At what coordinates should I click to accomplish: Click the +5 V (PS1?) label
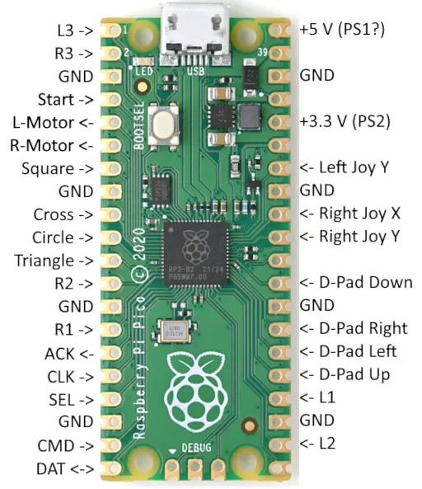point(342,30)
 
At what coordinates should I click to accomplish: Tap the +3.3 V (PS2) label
point(345,121)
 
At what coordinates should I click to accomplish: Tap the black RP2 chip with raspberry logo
point(195,253)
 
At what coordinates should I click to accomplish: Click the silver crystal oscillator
point(173,331)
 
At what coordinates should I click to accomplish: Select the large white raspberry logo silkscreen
point(195,392)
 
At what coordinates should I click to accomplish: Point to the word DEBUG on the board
point(196,448)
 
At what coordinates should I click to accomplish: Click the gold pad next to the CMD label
point(113,445)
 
